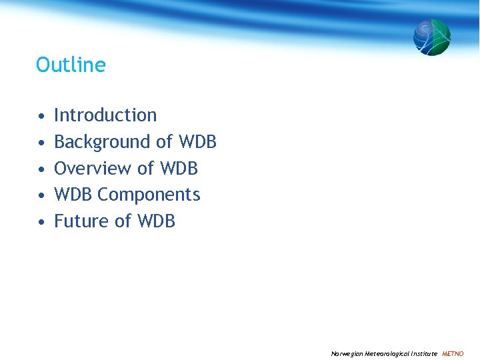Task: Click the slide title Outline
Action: [x=71, y=65]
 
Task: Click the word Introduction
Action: [x=105, y=115]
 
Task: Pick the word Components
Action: [x=149, y=195]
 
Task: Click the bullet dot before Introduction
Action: [x=41, y=116]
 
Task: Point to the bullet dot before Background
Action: [x=41, y=143]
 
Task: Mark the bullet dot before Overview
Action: [x=41, y=169]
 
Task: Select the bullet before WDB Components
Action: [x=41, y=195]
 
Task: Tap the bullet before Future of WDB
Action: [x=41, y=221]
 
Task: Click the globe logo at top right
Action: [x=431, y=37]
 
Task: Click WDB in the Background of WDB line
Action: [x=197, y=142]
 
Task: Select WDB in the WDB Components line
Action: [x=73, y=195]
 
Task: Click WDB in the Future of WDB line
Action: [x=156, y=221]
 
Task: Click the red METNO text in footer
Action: [x=453, y=353]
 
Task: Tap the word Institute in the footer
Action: [x=424, y=353]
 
